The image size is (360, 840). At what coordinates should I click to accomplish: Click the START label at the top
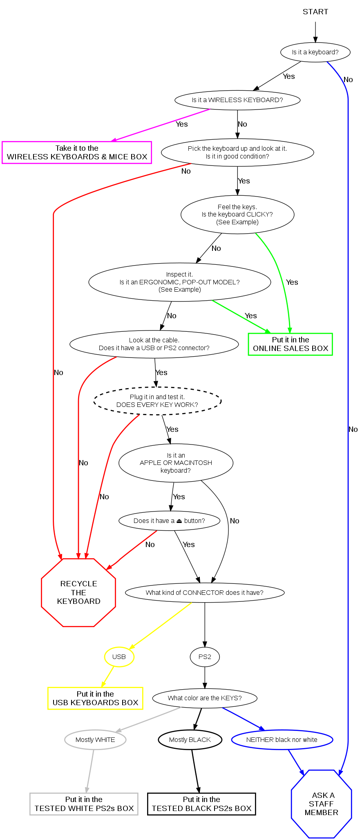315,12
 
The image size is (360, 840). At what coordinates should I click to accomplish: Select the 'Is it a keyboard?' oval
315,52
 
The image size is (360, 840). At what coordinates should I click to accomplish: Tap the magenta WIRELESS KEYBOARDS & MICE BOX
77,152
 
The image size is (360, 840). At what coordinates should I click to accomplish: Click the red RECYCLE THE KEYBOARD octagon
78,592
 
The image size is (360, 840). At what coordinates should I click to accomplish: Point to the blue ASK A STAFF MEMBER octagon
321,804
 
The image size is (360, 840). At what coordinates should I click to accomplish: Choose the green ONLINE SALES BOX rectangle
290,344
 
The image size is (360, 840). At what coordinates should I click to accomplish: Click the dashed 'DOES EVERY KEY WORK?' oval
157,401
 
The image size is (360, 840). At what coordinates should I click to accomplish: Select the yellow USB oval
119,657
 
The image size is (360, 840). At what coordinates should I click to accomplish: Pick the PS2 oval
205,657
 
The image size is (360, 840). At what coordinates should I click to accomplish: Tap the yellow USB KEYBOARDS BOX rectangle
95,698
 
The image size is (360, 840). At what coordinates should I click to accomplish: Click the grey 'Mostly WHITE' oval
95,739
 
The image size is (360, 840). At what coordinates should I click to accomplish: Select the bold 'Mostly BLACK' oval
190,739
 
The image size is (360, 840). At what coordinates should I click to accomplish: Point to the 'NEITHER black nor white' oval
282,739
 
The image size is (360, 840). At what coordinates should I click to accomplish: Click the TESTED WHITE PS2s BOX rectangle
84,804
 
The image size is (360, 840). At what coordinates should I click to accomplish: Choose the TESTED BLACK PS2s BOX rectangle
201,804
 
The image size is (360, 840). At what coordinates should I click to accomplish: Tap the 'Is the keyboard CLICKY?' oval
237,214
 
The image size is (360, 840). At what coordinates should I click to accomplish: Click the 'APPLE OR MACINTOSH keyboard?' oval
176,463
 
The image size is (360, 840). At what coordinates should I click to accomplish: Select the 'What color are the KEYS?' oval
205,698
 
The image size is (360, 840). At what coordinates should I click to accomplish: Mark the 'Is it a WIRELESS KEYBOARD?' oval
237,100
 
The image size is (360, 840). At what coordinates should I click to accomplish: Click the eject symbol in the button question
179,521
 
